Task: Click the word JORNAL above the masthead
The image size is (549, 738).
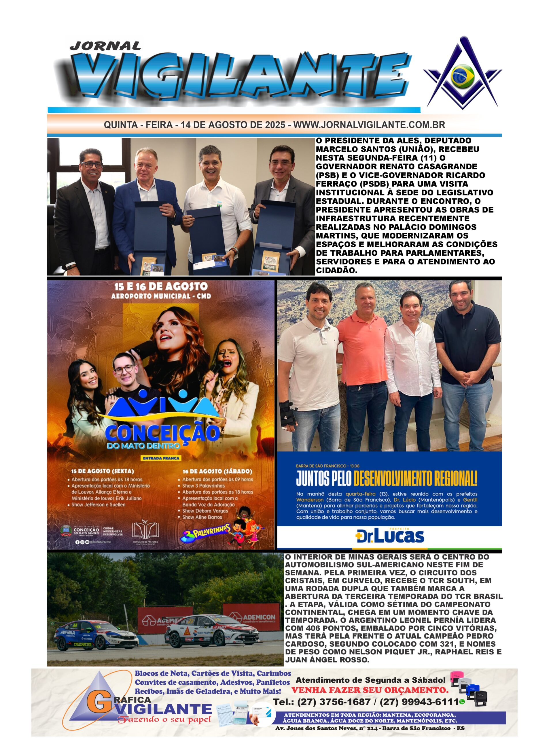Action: (105, 46)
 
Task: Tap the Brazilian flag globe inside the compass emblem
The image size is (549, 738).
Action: (462, 76)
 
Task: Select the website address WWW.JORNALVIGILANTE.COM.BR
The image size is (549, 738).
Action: (369, 125)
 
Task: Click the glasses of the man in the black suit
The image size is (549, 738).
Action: (92, 165)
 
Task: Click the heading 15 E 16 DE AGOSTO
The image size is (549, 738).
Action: (161, 287)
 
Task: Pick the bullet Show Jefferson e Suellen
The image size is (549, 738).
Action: (99, 504)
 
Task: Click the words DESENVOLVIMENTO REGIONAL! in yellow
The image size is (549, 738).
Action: (415, 479)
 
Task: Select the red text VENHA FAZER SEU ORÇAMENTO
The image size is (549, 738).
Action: (369, 690)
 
